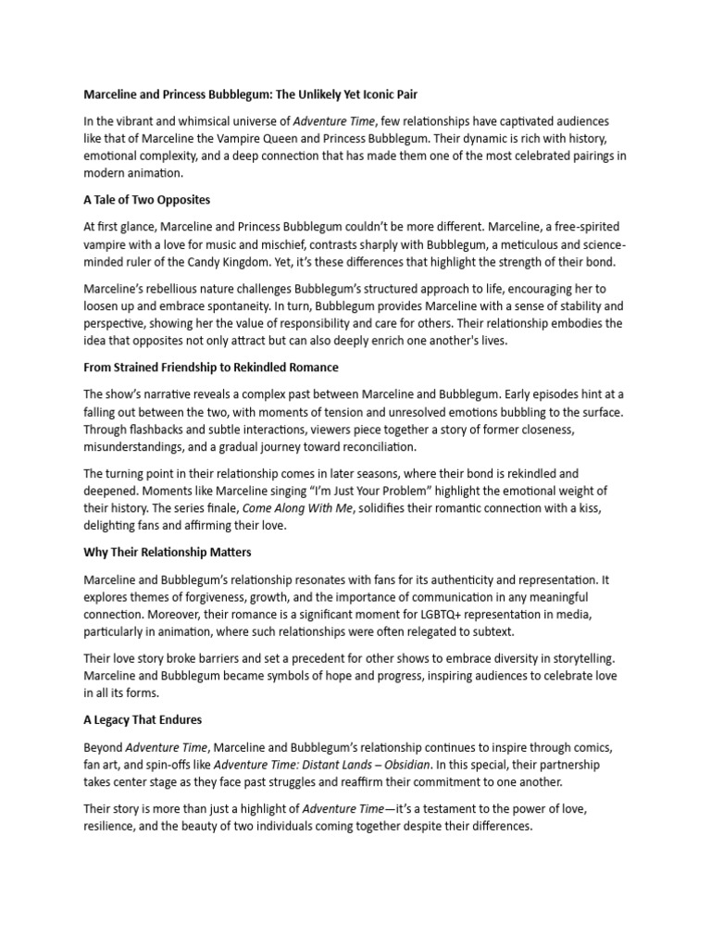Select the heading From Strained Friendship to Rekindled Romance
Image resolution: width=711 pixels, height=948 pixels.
tap(211, 367)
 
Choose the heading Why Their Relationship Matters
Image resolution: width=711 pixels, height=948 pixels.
tap(168, 552)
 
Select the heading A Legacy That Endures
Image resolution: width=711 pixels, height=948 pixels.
tap(143, 719)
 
